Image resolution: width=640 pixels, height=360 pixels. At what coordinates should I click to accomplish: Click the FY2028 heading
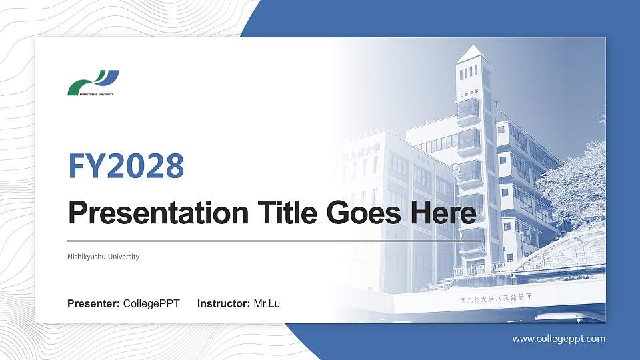[x=126, y=166]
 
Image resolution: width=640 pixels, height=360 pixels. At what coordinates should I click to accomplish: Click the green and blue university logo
[x=93, y=82]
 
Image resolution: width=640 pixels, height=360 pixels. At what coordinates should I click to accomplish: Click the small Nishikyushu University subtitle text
[x=103, y=257]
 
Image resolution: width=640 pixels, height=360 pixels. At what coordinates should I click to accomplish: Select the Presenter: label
[x=93, y=304]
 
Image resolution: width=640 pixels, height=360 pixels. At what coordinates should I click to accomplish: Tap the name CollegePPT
[x=151, y=304]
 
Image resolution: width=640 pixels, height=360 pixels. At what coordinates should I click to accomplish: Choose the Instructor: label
[x=224, y=304]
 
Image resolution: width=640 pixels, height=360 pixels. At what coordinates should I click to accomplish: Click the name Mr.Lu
[x=267, y=304]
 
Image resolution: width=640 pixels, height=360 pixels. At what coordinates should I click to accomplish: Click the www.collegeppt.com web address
[x=559, y=339]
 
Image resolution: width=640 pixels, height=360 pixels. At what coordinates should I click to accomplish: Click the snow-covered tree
[x=573, y=180]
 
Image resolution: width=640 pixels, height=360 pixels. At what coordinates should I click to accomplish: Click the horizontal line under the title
[x=273, y=240]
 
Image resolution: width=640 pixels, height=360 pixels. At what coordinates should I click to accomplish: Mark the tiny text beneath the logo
[x=91, y=95]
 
